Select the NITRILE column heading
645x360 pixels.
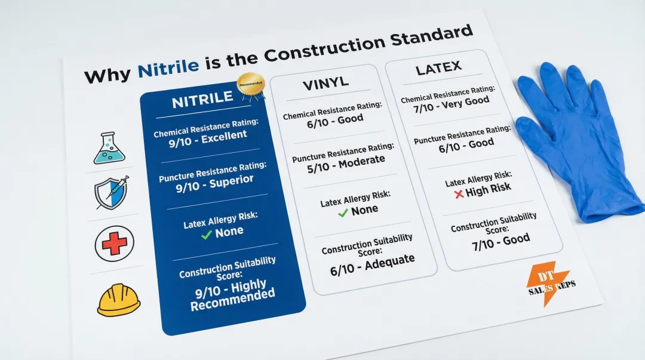point(202,100)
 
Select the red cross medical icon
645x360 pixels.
point(114,244)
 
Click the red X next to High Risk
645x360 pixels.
point(459,194)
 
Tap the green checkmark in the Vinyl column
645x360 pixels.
point(343,212)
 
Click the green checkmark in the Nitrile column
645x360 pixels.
point(207,235)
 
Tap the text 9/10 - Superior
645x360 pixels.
point(214,181)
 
